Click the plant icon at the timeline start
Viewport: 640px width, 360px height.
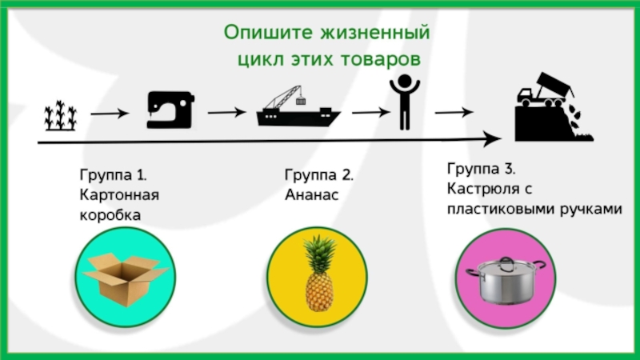click(x=60, y=115)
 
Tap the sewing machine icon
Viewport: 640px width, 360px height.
click(x=170, y=110)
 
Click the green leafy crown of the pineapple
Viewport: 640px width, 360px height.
click(x=319, y=249)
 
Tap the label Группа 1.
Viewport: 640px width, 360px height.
click(x=113, y=175)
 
